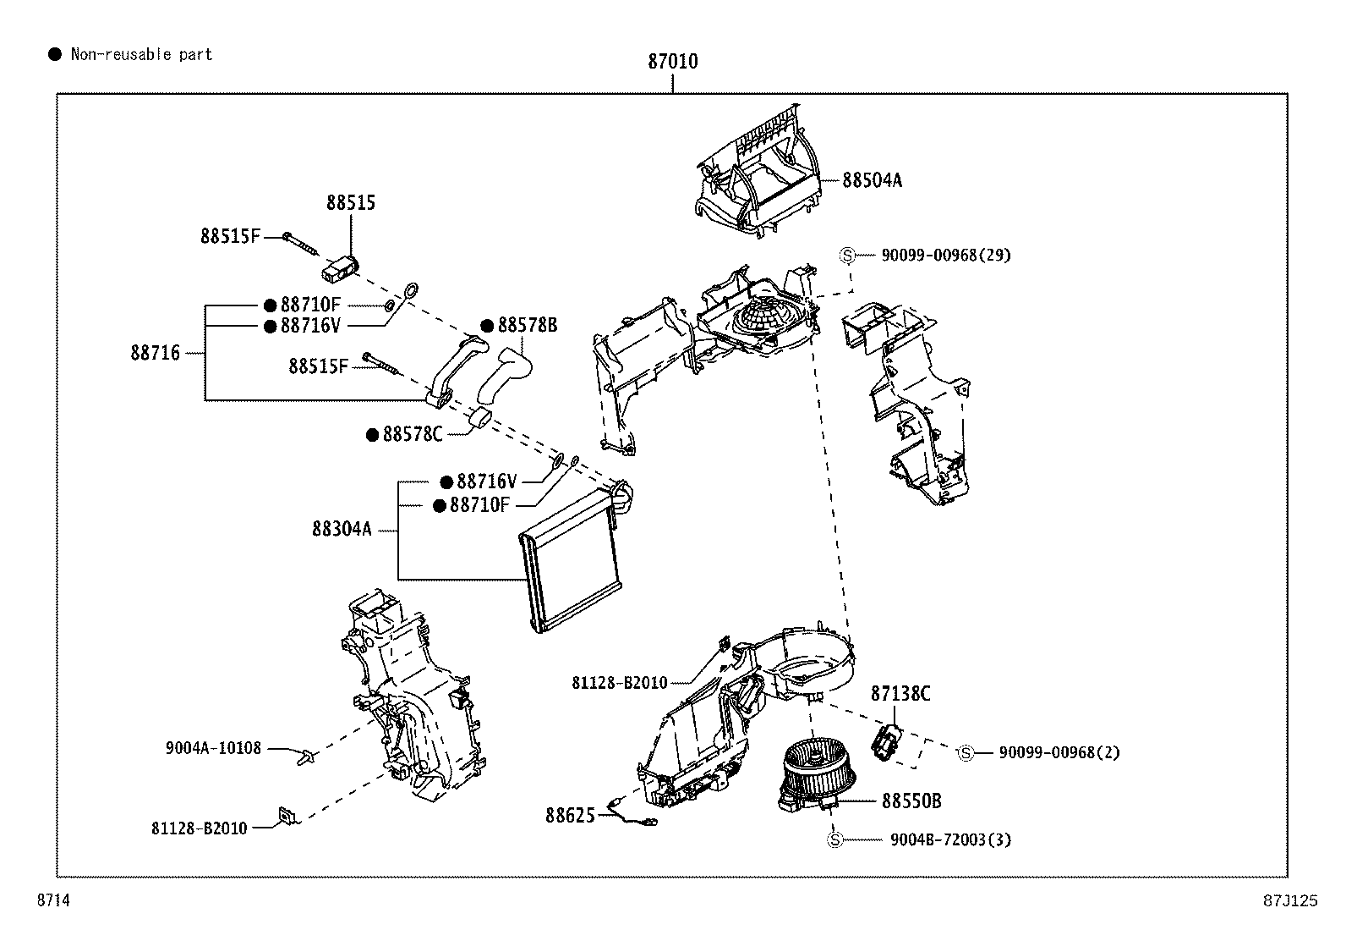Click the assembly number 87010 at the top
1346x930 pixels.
(673, 61)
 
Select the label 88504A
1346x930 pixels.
(872, 180)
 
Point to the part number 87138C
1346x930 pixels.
(900, 694)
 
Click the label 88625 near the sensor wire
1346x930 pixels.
(570, 815)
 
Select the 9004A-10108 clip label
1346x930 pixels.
(213, 748)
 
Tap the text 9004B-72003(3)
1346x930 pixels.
(950, 839)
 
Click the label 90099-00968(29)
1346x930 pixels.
(945, 255)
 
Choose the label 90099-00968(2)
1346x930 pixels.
(1059, 752)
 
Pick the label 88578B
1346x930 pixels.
(527, 326)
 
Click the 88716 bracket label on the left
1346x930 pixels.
(155, 353)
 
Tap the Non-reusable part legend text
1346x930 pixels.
(141, 55)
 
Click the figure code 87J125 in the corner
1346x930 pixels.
(1291, 901)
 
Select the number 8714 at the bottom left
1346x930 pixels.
(52, 901)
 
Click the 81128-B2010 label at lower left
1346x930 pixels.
(200, 828)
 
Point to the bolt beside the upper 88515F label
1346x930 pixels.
(299, 243)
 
